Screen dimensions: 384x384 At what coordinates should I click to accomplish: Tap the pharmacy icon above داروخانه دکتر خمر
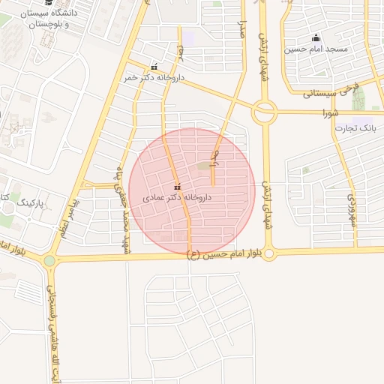[x=154, y=67]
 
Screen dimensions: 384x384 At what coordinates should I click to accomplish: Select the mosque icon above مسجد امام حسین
[x=316, y=38]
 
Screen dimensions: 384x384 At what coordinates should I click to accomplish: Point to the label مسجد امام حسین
[x=316, y=49]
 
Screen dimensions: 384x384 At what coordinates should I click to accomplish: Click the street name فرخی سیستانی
[x=330, y=93]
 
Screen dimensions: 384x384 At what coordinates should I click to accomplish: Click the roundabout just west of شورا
[x=264, y=113]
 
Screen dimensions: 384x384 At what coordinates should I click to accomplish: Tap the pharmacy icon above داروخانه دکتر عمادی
[x=177, y=187]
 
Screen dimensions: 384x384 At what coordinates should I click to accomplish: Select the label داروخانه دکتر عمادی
[x=177, y=197]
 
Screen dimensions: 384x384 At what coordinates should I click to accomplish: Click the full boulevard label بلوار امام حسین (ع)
[x=224, y=256]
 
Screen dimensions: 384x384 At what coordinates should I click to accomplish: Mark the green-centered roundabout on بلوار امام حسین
[x=49, y=261]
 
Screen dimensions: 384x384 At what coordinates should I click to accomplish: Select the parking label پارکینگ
[x=31, y=203]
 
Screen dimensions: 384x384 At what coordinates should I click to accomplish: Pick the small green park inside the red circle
[x=205, y=166]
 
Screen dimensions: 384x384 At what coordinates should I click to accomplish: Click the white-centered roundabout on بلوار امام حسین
[x=269, y=254]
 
